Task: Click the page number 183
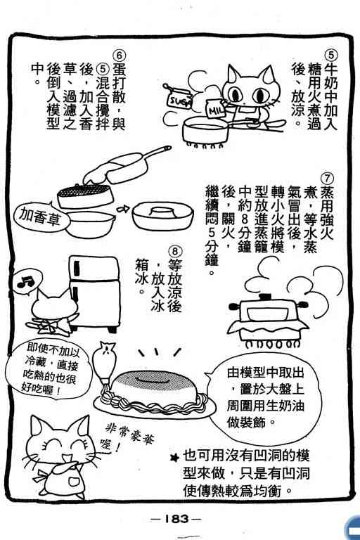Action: [176, 519]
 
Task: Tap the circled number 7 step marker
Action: [327, 178]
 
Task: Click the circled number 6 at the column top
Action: [120, 56]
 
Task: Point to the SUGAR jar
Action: [179, 98]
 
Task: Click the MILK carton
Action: [216, 108]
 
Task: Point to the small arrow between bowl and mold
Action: [123, 209]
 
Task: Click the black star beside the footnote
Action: [176, 457]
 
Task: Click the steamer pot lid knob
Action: [264, 297]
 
